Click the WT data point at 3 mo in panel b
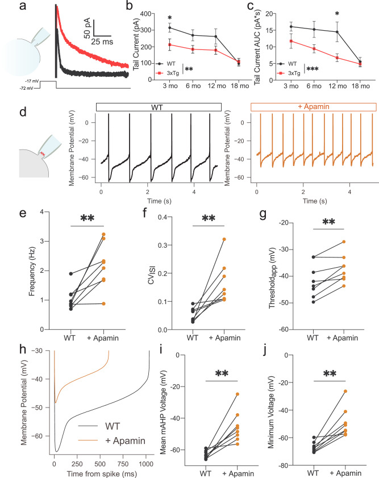point(170,27)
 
